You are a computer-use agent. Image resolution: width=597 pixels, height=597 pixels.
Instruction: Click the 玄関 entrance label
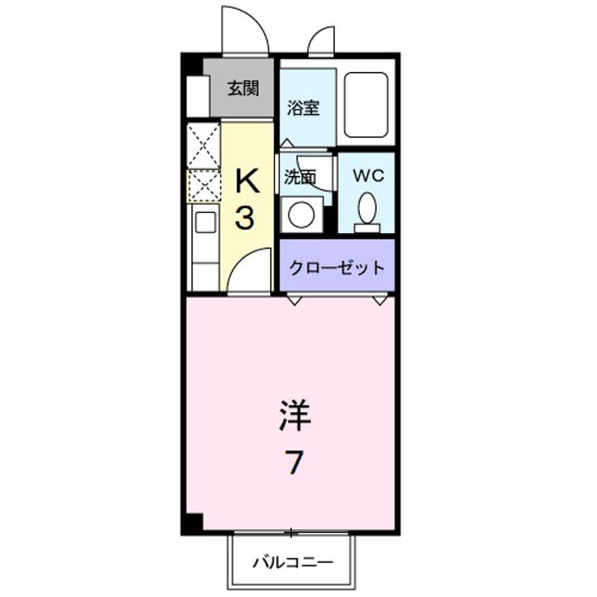click(243, 89)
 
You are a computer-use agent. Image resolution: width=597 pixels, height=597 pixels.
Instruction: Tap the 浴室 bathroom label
click(303, 108)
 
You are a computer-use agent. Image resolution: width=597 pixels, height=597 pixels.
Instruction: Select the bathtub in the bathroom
click(366, 104)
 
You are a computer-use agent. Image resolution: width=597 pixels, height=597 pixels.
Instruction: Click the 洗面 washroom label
click(300, 177)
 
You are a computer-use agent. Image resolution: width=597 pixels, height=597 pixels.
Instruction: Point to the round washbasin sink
click(301, 215)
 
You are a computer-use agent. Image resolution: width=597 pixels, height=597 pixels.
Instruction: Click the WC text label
click(368, 176)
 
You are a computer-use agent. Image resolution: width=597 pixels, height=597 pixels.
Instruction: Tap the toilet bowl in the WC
click(367, 209)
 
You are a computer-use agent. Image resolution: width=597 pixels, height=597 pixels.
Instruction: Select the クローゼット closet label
click(337, 268)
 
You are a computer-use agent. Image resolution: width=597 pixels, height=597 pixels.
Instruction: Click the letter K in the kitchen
click(248, 182)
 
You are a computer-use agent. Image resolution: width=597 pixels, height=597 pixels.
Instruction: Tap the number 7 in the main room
click(294, 462)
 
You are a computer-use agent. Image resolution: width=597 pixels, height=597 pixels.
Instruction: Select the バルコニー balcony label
click(293, 562)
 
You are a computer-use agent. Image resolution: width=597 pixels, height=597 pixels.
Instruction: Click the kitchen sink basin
click(206, 222)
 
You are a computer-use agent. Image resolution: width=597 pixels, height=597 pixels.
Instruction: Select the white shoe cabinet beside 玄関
click(198, 97)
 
